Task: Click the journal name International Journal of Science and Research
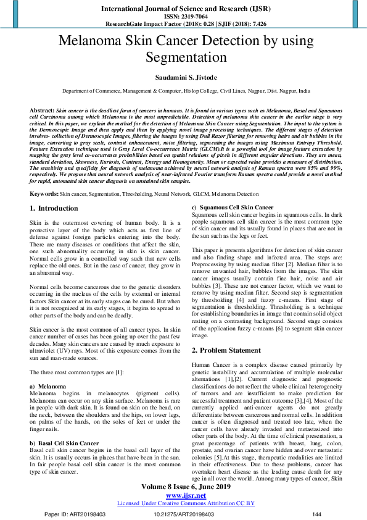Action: (x=183, y=9)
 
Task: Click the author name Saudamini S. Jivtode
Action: (x=183, y=77)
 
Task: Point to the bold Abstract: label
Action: (x=42, y=109)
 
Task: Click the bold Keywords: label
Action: (x=44, y=194)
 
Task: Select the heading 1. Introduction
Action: (x=54, y=209)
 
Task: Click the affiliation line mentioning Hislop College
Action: (x=183, y=90)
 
